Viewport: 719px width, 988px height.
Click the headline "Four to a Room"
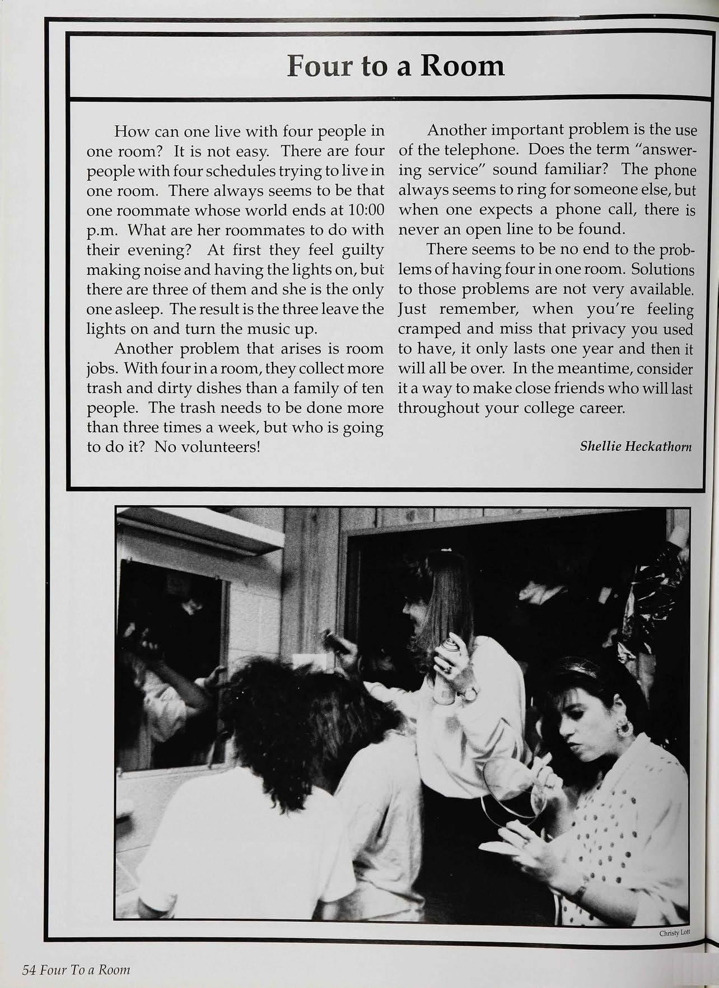(x=395, y=66)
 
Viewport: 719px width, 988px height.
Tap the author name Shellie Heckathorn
(x=636, y=446)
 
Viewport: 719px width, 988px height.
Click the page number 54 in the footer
(x=29, y=970)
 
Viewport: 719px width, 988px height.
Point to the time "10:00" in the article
(x=366, y=210)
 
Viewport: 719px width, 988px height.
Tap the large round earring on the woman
(x=623, y=730)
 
